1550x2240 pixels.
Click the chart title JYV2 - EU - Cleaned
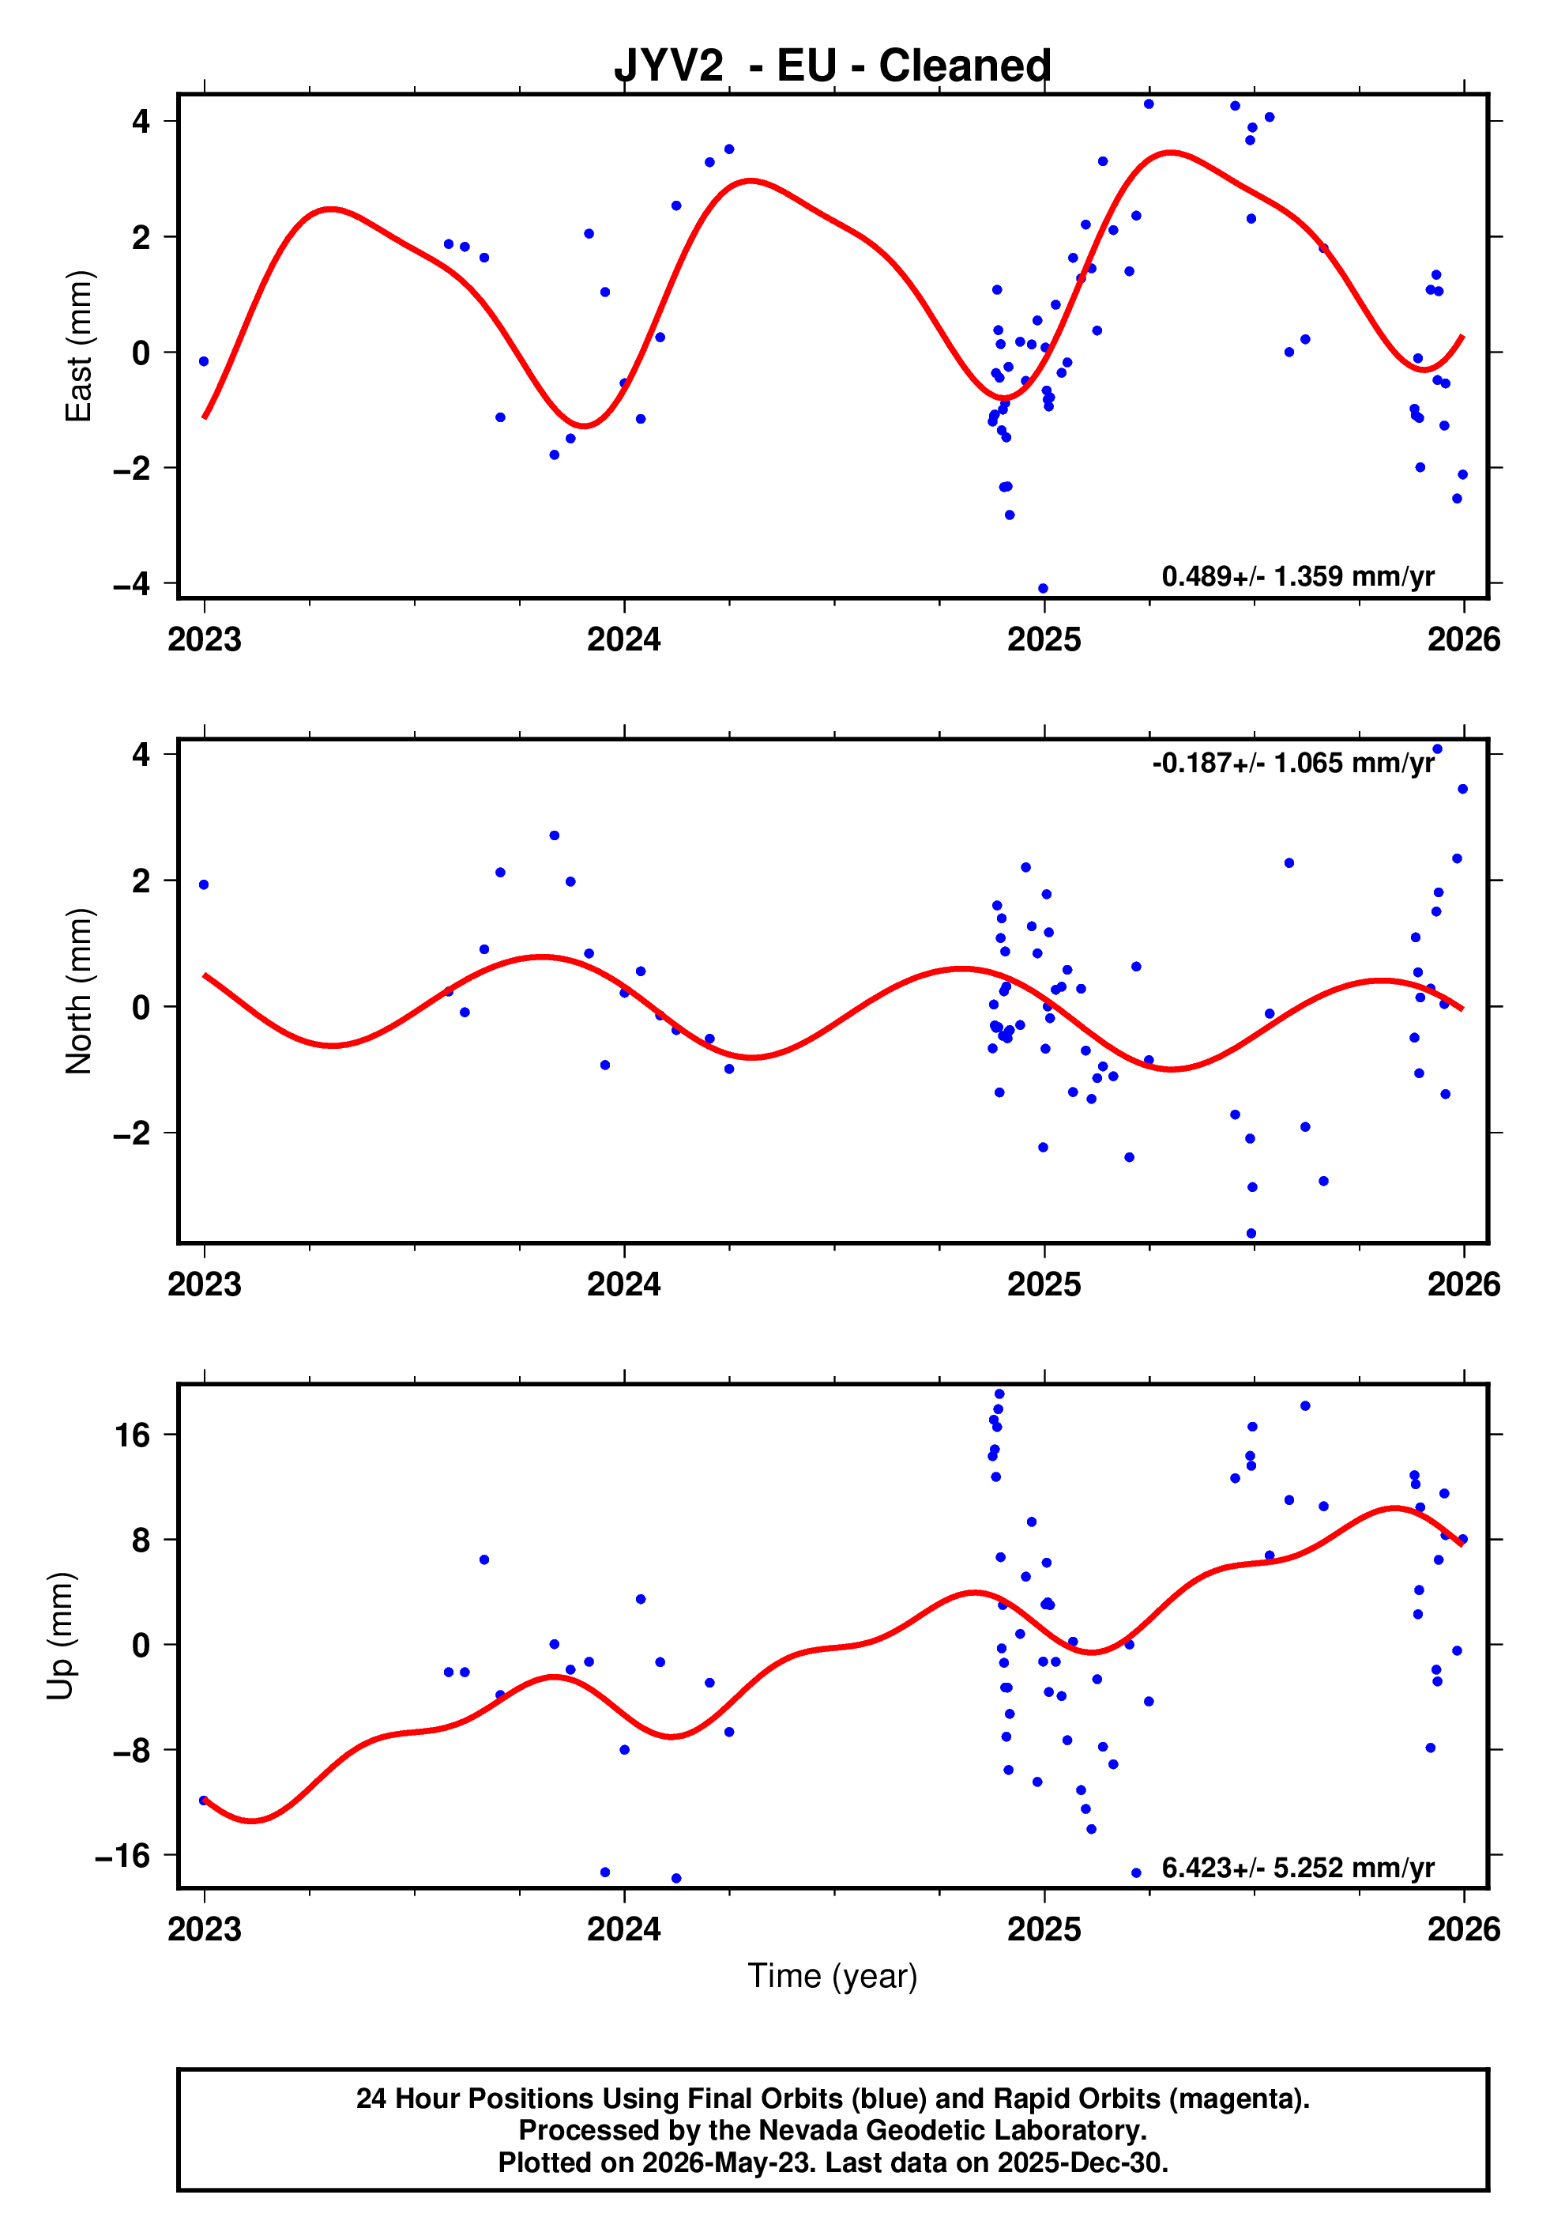(x=833, y=66)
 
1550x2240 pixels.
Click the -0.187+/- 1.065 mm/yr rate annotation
(x=1292, y=763)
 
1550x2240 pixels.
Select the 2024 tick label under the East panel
(x=623, y=639)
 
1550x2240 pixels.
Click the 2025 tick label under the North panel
(x=1044, y=1284)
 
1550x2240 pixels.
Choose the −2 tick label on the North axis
(x=132, y=1133)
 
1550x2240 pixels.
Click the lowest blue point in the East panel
(x=1043, y=589)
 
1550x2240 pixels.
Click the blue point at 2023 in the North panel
(x=204, y=885)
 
